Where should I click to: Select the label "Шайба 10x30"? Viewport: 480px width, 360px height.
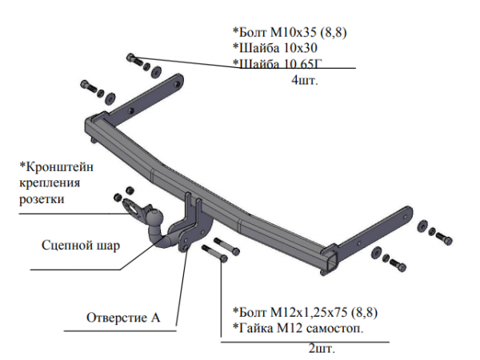272,48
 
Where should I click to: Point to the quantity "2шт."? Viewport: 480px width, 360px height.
321,350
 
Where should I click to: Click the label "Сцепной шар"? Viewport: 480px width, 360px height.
81,246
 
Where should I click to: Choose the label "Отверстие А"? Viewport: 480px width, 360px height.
123,318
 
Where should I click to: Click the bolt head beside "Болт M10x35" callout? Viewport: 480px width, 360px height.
132,58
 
